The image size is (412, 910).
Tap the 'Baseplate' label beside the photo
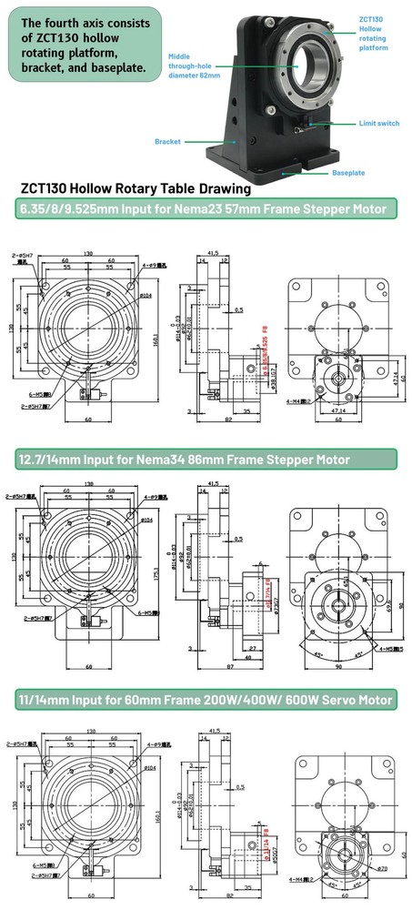coord(347,172)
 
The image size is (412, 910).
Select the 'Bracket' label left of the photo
coord(168,141)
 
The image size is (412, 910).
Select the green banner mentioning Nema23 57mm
coord(206,210)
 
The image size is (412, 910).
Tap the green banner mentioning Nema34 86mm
coord(206,459)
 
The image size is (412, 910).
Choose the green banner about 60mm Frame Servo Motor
coord(206,700)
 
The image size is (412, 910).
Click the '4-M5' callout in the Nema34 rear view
coord(385,650)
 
